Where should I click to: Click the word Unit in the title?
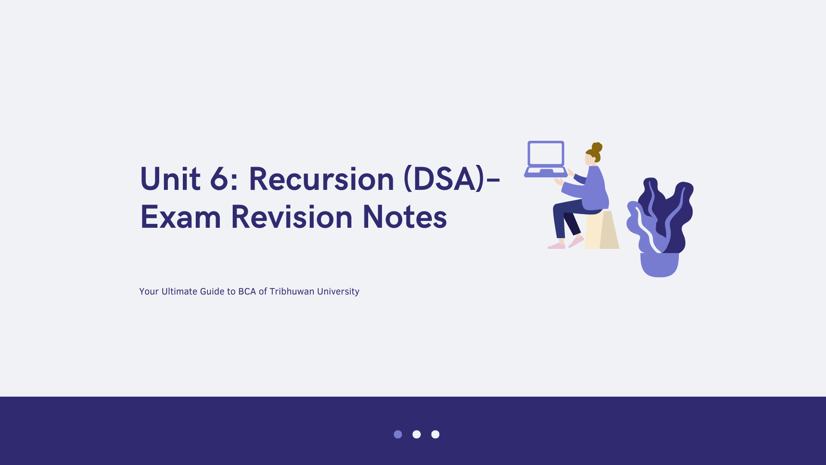[x=170, y=179]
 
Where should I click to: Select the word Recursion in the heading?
[x=322, y=179]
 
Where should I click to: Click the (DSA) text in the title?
[x=444, y=179]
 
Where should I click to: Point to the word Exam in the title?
[x=181, y=217]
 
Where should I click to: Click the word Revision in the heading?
[x=292, y=217]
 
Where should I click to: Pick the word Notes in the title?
[x=405, y=217]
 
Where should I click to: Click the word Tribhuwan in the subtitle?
[x=292, y=291]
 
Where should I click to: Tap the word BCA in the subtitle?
[x=247, y=291]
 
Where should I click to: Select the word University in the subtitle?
[x=338, y=292]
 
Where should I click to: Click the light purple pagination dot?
[x=398, y=434]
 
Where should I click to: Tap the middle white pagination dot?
[x=416, y=434]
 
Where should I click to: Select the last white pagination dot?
[x=435, y=434]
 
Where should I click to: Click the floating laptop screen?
[x=546, y=154]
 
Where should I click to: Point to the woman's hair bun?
[x=597, y=147]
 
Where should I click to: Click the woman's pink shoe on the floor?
[x=556, y=246]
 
